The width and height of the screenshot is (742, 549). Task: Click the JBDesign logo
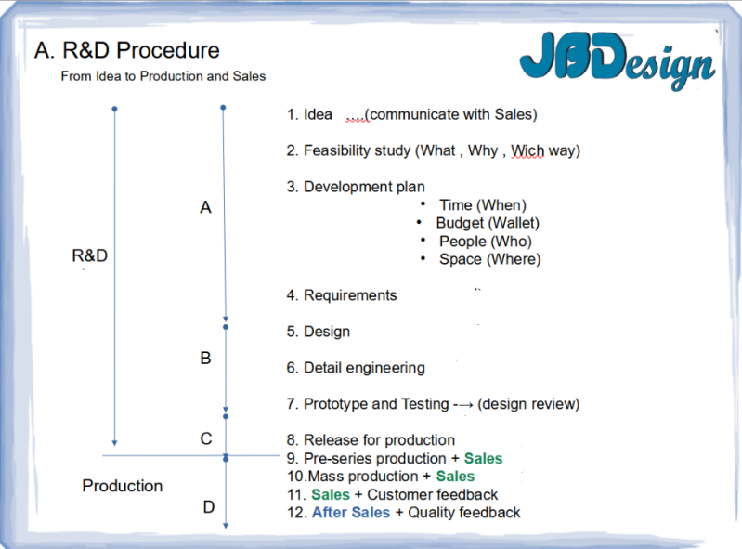click(617, 64)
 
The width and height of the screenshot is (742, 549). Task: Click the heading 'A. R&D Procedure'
click(126, 50)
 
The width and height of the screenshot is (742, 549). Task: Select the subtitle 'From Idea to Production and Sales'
click(163, 76)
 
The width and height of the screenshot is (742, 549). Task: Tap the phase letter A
click(205, 208)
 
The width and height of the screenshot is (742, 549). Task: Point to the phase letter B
click(205, 359)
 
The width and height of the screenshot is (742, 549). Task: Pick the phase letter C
click(206, 438)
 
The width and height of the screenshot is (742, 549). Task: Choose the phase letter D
click(208, 507)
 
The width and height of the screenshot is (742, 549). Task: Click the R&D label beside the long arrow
click(90, 255)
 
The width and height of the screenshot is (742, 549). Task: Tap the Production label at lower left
click(122, 486)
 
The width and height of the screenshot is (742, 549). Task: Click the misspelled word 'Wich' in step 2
click(527, 150)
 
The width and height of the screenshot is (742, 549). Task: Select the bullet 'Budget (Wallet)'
click(487, 223)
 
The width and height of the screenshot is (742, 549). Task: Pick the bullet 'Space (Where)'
click(489, 259)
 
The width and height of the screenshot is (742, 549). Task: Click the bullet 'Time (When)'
click(482, 205)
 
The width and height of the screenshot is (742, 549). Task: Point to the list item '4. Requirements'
click(342, 295)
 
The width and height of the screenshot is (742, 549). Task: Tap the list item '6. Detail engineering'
click(356, 368)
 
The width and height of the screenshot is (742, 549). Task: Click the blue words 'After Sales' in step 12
click(350, 513)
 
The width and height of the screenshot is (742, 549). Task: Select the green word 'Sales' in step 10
click(455, 477)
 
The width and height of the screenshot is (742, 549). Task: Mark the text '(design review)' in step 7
click(528, 404)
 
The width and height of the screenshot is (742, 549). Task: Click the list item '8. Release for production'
click(371, 440)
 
